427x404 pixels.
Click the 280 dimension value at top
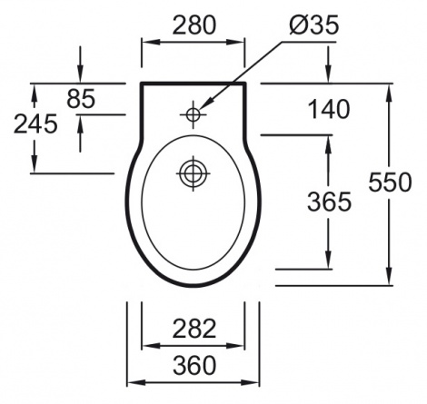click(x=194, y=25)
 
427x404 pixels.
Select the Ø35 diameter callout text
click(x=314, y=25)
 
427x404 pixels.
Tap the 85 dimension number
click(x=81, y=99)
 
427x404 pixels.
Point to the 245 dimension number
click(x=35, y=123)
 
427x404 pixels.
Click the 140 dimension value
click(x=329, y=109)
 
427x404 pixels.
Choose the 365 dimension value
click(x=329, y=202)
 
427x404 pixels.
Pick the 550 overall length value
click(x=391, y=182)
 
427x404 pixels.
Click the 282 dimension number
click(x=194, y=329)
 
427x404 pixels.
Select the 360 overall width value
click(x=194, y=365)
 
